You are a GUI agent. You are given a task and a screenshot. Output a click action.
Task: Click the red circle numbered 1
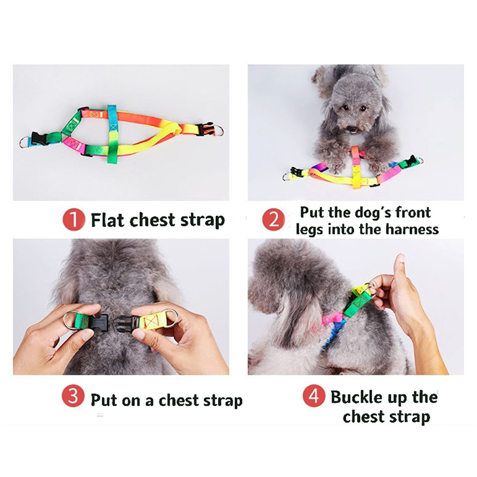pyautogui.click(x=73, y=220)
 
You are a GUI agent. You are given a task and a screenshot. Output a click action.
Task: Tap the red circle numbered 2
pyautogui.click(x=273, y=219)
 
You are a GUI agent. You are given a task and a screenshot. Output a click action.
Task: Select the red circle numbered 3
pyautogui.click(x=72, y=396)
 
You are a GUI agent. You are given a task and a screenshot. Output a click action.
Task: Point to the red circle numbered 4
pyautogui.click(x=313, y=396)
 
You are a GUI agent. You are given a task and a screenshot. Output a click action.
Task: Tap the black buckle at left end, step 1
pyautogui.click(x=39, y=139)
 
